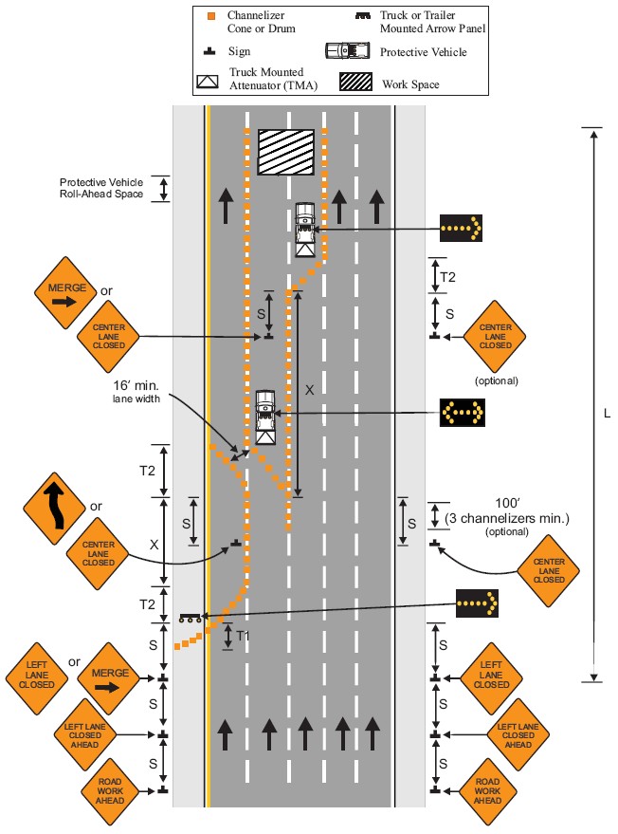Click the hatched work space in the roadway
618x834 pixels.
point(286,152)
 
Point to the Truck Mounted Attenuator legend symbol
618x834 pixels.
point(208,81)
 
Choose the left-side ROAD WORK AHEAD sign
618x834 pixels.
point(110,789)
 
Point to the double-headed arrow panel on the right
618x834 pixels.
point(462,413)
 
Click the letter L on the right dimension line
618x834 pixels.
point(607,414)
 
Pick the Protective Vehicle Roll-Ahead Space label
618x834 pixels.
point(101,188)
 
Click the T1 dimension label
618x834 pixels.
point(244,636)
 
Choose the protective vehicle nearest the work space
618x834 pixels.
point(305,228)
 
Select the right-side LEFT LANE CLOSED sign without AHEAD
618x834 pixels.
point(491,679)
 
